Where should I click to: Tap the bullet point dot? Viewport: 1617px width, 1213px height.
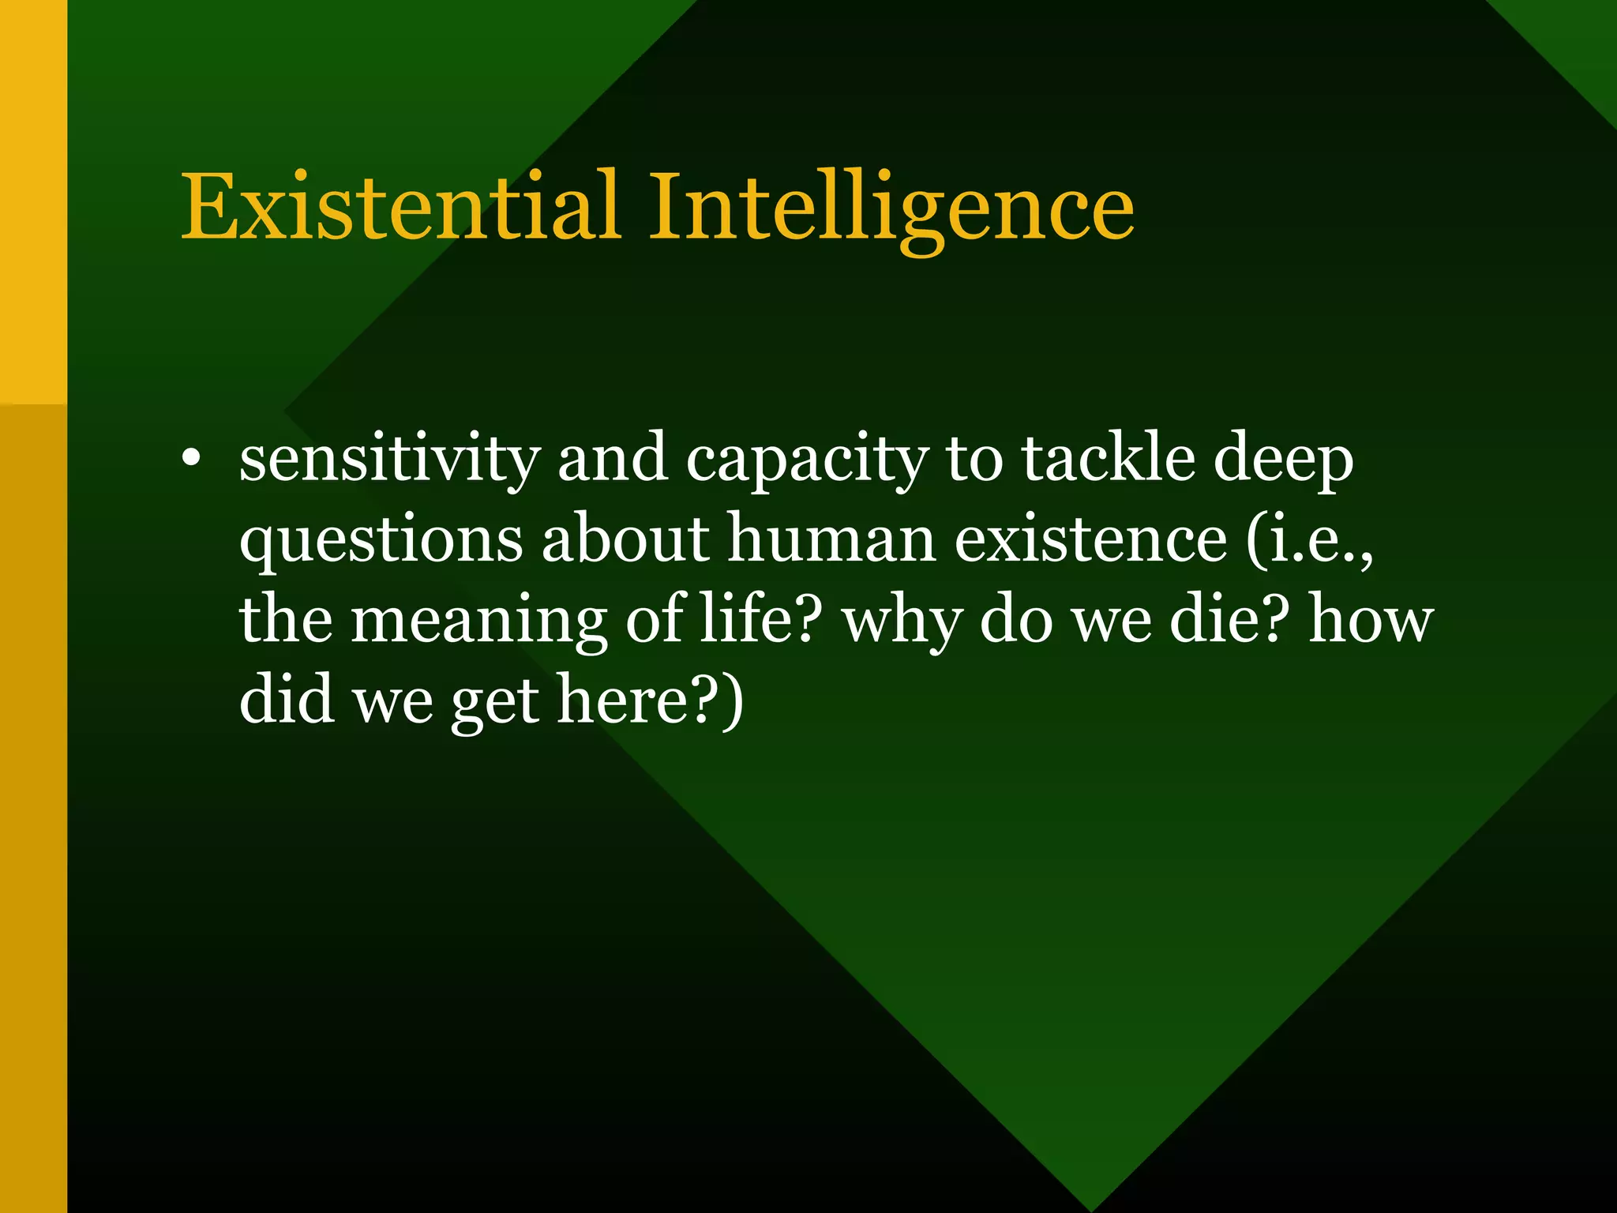click(189, 460)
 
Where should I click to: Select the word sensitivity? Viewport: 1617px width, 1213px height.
click(390, 460)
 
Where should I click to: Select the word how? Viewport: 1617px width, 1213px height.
click(1371, 619)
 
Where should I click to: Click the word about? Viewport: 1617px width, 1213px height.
click(625, 539)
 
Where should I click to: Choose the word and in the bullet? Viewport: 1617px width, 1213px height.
click(613, 460)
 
